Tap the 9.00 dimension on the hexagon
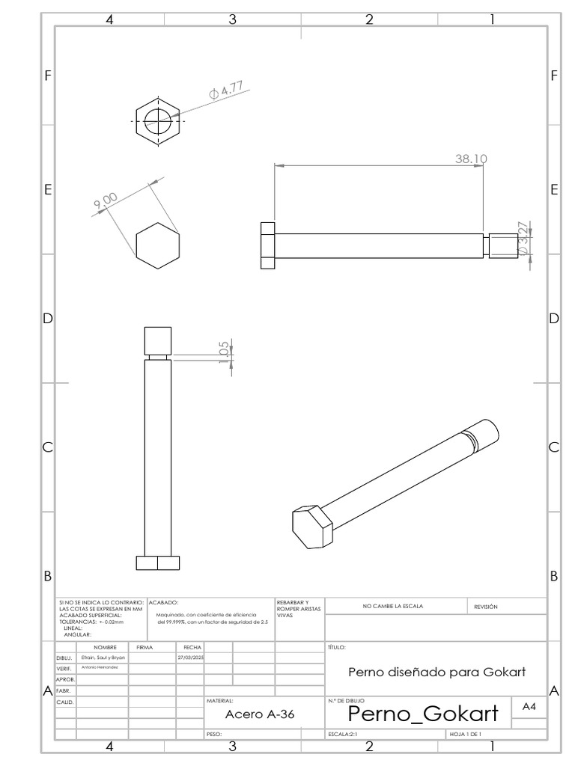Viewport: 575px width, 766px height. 106,201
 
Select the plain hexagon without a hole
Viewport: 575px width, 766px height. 158,245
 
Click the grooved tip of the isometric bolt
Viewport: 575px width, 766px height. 483,435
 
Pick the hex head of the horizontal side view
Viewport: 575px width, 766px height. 267,245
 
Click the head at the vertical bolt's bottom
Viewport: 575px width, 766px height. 158,563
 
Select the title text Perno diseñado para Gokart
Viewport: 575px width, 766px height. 436,672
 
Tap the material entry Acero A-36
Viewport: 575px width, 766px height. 260,714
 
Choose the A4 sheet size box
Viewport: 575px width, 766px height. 529,707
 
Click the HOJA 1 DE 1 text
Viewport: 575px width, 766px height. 465,735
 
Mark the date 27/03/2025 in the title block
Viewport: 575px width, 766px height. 189,657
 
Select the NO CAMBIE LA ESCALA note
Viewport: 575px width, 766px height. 392,606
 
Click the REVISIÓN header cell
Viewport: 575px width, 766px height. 486,606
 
